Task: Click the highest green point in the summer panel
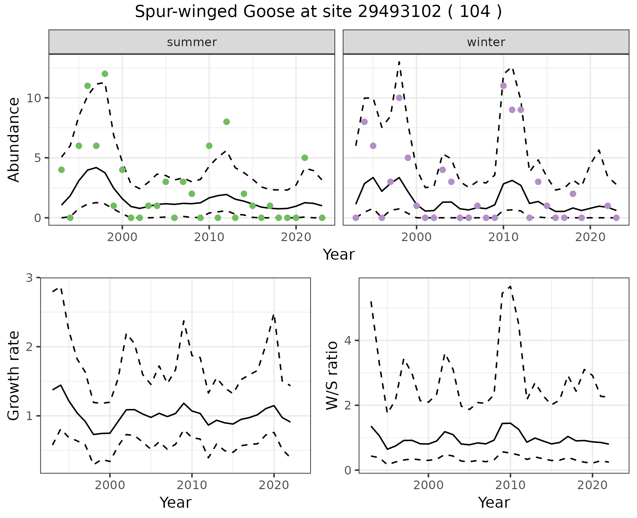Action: tap(105, 74)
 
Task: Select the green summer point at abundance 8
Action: tap(227, 122)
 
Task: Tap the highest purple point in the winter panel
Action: tap(503, 86)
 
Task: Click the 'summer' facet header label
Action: tap(192, 42)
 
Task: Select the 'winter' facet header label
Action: tap(486, 42)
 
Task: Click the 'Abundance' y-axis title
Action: tap(14, 140)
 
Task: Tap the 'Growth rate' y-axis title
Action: tap(14, 376)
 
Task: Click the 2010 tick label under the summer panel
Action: tap(209, 237)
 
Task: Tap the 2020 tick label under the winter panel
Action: tap(590, 237)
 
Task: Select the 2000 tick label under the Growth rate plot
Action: tap(110, 485)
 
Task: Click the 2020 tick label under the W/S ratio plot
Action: tap(592, 485)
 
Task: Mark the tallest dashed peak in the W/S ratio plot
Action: tap(510, 286)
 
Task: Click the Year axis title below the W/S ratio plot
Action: tap(494, 503)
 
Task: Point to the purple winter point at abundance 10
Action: tap(399, 98)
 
